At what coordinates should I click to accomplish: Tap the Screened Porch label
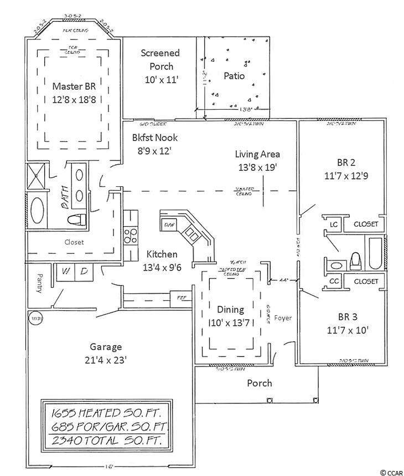(x=160, y=53)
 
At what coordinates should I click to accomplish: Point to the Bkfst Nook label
(x=155, y=137)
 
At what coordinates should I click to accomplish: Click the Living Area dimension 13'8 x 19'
(x=257, y=166)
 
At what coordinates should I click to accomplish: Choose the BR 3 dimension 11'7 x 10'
(x=346, y=330)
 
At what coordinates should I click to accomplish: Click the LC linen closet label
(x=334, y=224)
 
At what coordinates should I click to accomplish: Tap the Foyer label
(x=282, y=318)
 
